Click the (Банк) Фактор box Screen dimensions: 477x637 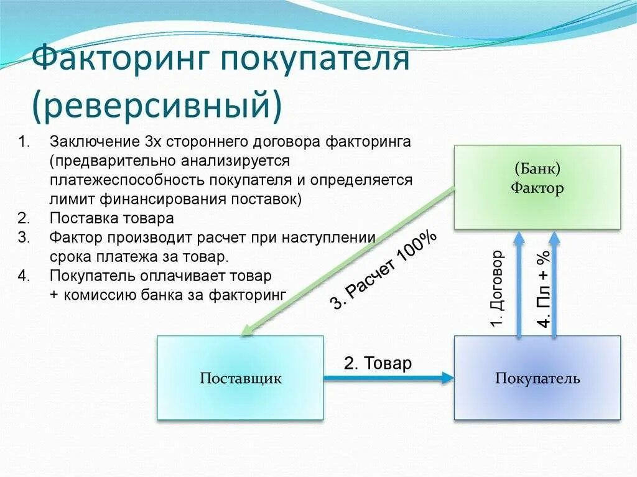[x=537, y=187]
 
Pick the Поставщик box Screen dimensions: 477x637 [x=240, y=378]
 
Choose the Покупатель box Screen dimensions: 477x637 [x=537, y=378]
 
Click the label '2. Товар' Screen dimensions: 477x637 [x=378, y=363]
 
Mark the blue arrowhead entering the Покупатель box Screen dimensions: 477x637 [x=447, y=377]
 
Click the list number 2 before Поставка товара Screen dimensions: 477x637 [x=24, y=218]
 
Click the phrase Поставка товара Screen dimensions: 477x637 [x=112, y=218]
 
